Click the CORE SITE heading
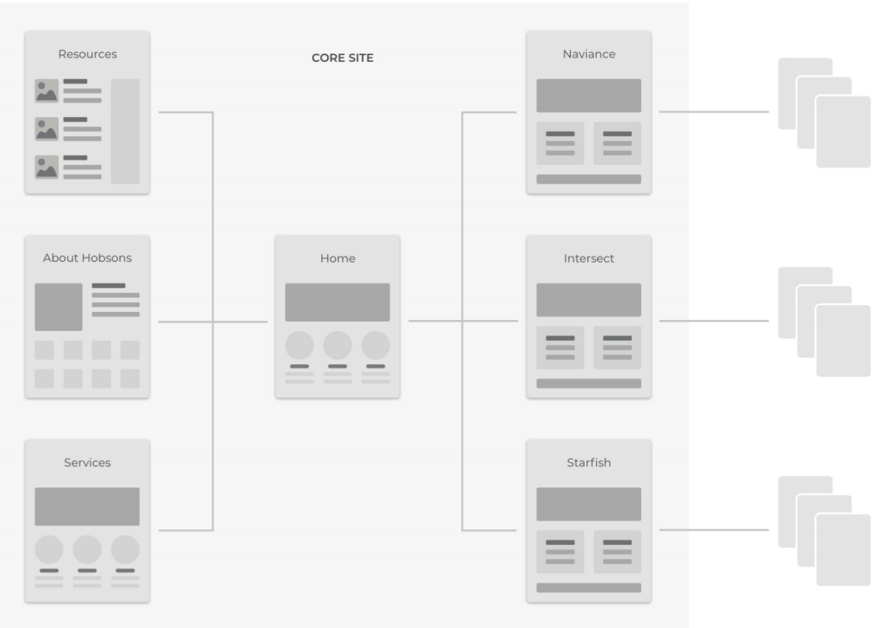point(342,58)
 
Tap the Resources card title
point(87,54)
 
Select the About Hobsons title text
point(87,258)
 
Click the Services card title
point(87,462)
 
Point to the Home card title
point(337,258)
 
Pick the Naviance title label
point(589,54)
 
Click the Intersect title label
point(588,258)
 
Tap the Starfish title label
point(588,462)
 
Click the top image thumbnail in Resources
point(46,90)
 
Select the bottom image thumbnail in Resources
point(46,167)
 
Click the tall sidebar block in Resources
point(125,131)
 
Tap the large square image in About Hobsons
point(58,307)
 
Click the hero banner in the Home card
point(337,302)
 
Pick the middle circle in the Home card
point(337,345)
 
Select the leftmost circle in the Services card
point(49,549)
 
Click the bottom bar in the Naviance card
point(588,179)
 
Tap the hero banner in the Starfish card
point(588,504)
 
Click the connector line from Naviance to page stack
point(714,111)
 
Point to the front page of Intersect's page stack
point(843,341)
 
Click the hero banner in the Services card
point(87,506)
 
